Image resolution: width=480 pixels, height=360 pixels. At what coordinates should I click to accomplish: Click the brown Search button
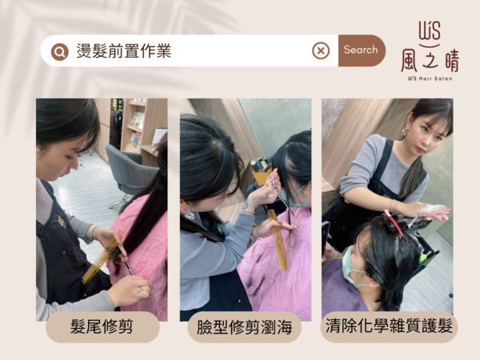[362, 50]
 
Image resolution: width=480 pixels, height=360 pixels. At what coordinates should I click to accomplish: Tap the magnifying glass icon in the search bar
[60, 52]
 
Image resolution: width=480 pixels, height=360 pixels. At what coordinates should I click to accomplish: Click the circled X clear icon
[321, 51]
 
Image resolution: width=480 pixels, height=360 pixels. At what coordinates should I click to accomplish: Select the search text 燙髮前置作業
[124, 51]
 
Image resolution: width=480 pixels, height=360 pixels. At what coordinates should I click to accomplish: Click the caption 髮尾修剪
[102, 326]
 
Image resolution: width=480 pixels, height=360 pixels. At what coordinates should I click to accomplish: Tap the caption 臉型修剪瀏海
[244, 327]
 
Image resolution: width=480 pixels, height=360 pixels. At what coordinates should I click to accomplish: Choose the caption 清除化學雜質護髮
[389, 326]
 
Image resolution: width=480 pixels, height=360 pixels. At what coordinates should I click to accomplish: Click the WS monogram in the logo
[430, 31]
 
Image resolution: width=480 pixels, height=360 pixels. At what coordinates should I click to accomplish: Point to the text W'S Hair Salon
[430, 78]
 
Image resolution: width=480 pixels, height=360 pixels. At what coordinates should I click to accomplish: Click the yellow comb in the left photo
[101, 260]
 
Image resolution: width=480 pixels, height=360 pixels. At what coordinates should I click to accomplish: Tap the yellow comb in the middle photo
[278, 240]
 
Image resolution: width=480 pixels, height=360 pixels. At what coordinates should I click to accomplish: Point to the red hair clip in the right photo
[394, 223]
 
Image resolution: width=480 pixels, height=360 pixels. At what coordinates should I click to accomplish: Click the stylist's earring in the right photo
[405, 132]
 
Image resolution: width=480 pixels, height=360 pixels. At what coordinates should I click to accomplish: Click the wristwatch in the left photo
[90, 233]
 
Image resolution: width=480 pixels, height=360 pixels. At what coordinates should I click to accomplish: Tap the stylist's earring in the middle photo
[188, 214]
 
